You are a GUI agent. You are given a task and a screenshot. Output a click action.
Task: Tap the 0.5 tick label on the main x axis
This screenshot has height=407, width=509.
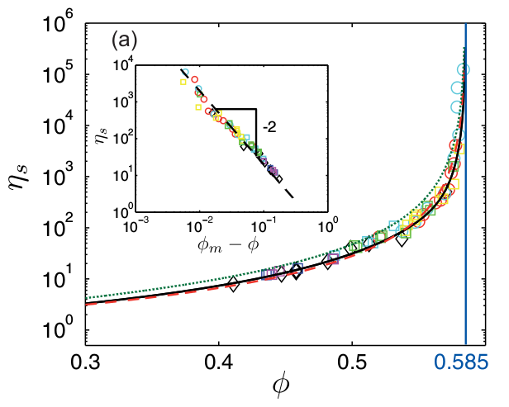click(x=352, y=362)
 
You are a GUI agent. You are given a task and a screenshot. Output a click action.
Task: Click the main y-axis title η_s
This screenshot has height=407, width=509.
click(x=23, y=177)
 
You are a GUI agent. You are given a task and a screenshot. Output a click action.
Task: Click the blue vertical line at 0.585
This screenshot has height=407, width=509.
click(x=466, y=206)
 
